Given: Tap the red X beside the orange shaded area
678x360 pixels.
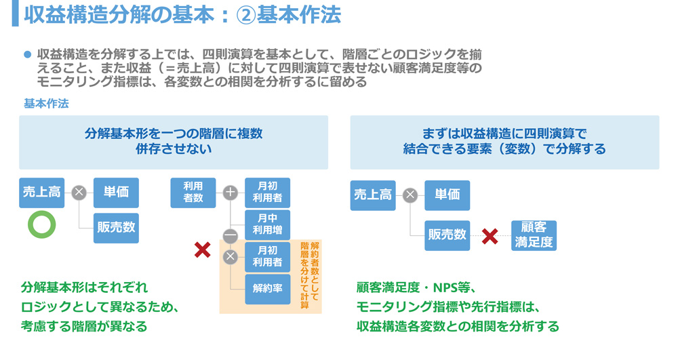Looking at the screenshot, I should pyautogui.click(x=202, y=250).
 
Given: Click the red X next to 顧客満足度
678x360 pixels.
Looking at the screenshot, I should pyautogui.click(x=490, y=236).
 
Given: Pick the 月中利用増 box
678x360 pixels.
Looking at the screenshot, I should pyautogui.click(x=266, y=223).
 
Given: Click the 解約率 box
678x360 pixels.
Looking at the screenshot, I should pyautogui.click(x=266, y=287).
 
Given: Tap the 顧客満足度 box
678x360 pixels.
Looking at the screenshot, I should pyautogui.click(x=534, y=235).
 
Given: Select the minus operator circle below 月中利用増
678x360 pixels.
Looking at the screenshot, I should pyautogui.click(x=231, y=236).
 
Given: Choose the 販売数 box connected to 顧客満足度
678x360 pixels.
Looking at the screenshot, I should pyautogui.click(x=447, y=235).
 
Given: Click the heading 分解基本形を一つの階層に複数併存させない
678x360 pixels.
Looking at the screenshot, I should pyautogui.click(x=174, y=142).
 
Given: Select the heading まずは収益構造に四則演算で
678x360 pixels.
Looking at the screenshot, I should pyautogui.click(x=504, y=134).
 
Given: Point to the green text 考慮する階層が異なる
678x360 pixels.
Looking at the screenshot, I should pyautogui.click(x=84, y=326).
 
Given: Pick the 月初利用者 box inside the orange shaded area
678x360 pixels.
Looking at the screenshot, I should pyautogui.click(x=266, y=256).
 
